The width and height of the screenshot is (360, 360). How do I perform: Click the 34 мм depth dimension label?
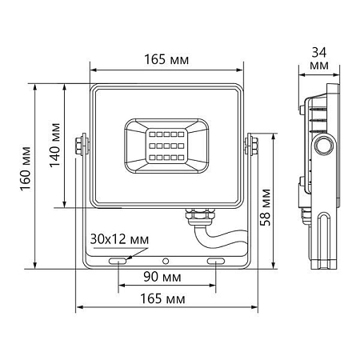(319, 58)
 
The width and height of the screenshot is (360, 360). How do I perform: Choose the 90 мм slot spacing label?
(166, 277)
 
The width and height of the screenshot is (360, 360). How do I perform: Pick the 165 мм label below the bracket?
(166, 298)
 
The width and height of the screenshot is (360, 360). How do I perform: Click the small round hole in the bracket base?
(166, 262)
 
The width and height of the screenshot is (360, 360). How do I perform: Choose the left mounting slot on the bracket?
(118, 262)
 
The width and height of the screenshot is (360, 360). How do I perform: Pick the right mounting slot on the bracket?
(216, 262)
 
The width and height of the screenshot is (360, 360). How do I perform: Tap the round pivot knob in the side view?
(325, 146)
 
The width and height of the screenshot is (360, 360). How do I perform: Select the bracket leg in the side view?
(326, 240)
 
